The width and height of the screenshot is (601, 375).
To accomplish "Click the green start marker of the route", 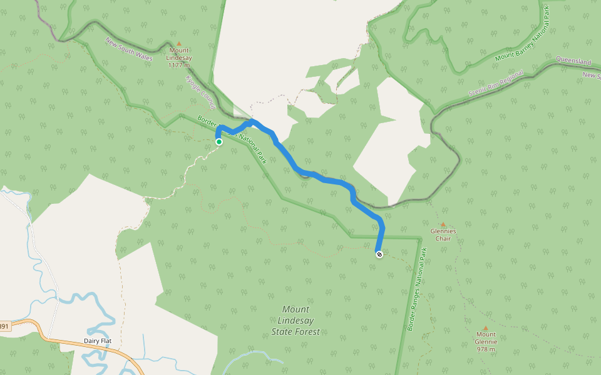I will (219, 142).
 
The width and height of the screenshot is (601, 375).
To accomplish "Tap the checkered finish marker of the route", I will (379, 254).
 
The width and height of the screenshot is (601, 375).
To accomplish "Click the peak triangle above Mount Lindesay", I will (179, 44).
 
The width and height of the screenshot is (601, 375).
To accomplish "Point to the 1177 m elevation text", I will (179, 64).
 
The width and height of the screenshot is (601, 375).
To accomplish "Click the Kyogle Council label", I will (200, 92).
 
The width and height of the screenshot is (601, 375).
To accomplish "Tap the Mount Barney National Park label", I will (522, 41).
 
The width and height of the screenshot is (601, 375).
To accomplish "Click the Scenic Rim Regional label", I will (494, 84).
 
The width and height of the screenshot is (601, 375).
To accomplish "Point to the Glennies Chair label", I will (443, 234).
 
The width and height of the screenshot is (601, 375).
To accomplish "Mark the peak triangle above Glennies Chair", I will (443, 224).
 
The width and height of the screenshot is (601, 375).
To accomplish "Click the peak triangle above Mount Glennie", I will (486, 327).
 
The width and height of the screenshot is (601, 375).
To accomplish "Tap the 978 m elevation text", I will (486, 349).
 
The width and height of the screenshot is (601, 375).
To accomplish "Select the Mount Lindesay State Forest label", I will (295, 320).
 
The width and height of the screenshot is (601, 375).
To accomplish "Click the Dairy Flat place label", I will (97, 341).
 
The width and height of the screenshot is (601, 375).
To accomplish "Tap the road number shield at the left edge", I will (4, 326).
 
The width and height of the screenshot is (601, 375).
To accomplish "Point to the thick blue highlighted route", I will (326, 179).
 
